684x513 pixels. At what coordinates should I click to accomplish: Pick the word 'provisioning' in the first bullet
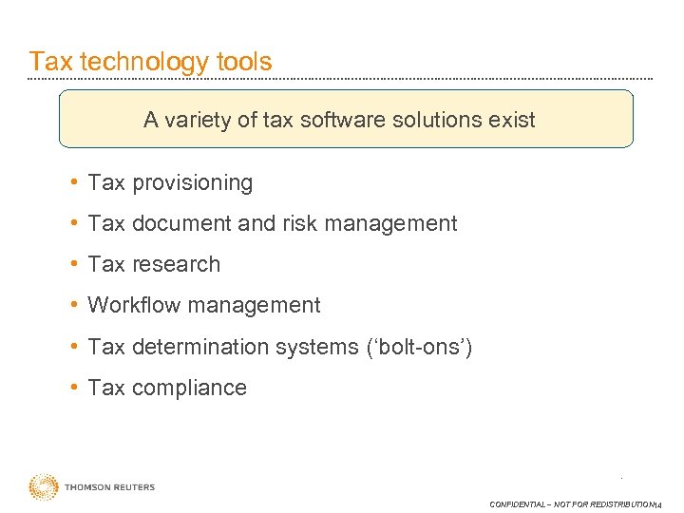tap(193, 183)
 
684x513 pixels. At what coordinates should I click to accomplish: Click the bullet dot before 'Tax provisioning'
tap(73, 182)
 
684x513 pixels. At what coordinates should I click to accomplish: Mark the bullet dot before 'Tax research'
tap(73, 265)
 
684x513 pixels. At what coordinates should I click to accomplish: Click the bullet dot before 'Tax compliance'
tap(73, 388)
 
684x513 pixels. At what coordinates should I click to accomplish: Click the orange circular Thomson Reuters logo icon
tap(43, 487)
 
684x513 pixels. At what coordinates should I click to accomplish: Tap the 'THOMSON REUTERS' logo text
tap(109, 487)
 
